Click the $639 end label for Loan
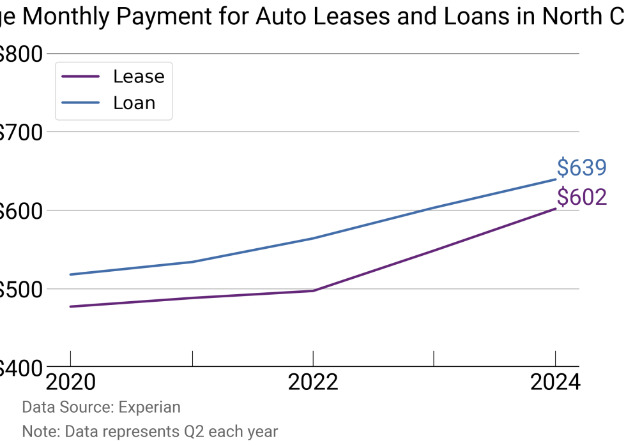tap(581, 168)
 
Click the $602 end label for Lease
tap(581, 197)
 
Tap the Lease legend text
tap(139, 77)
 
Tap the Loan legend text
tap(134, 103)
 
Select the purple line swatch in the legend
tap(80, 77)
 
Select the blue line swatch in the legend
tap(80, 103)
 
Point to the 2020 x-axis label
tap(70, 382)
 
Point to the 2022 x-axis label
tap(312, 382)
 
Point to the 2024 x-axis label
tap(554, 382)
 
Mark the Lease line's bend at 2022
tap(313, 291)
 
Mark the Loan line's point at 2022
tap(313, 239)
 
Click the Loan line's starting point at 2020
tap(70, 274)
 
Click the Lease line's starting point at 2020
tap(70, 306)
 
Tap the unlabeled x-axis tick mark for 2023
tap(434, 359)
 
